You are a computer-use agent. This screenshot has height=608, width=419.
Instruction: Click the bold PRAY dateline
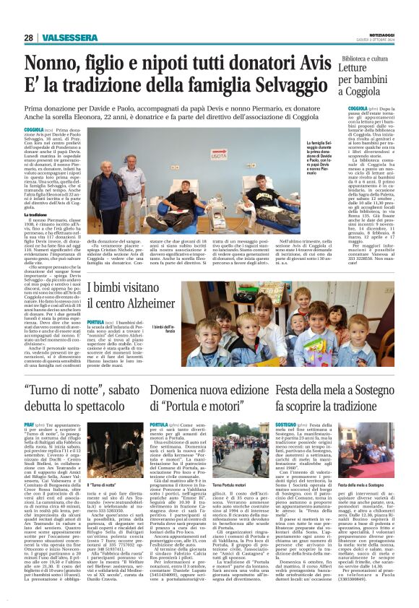[x=30, y=425]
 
